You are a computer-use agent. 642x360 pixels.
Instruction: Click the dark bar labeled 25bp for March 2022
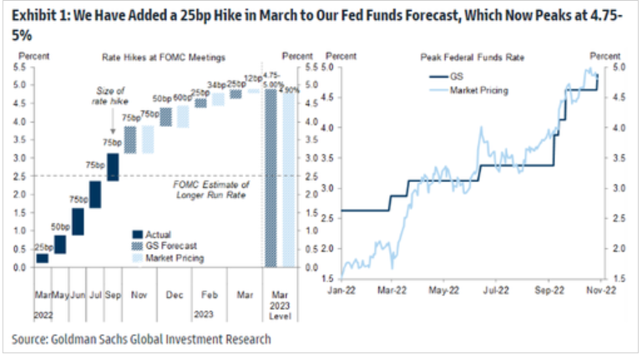(x=42, y=258)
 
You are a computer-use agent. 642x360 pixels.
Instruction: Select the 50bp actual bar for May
(x=61, y=243)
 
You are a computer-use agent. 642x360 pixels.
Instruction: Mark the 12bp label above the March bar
(x=253, y=79)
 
